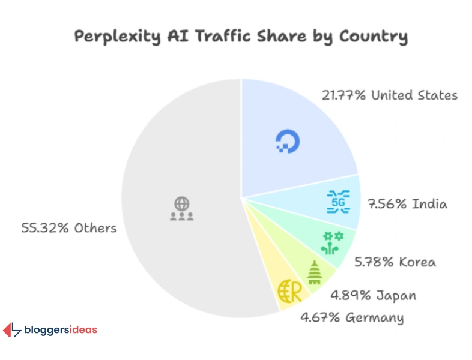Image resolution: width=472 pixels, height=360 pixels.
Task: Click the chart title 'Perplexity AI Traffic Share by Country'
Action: [240, 36]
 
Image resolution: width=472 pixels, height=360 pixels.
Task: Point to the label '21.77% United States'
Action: [389, 95]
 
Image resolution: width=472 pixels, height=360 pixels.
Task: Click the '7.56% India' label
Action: [407, 204]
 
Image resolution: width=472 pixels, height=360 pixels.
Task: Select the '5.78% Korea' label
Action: [395, 262]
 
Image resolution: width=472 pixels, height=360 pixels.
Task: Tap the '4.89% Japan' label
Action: [373, 296]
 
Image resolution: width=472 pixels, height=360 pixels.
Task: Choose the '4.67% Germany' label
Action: [352, 317]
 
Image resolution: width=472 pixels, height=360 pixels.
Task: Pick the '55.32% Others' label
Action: [69, 228]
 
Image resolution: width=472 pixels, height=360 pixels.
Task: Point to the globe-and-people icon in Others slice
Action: [181, 208]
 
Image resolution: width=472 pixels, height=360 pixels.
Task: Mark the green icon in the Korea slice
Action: [332, 242]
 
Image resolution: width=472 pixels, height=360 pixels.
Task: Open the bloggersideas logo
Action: [50, 330]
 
